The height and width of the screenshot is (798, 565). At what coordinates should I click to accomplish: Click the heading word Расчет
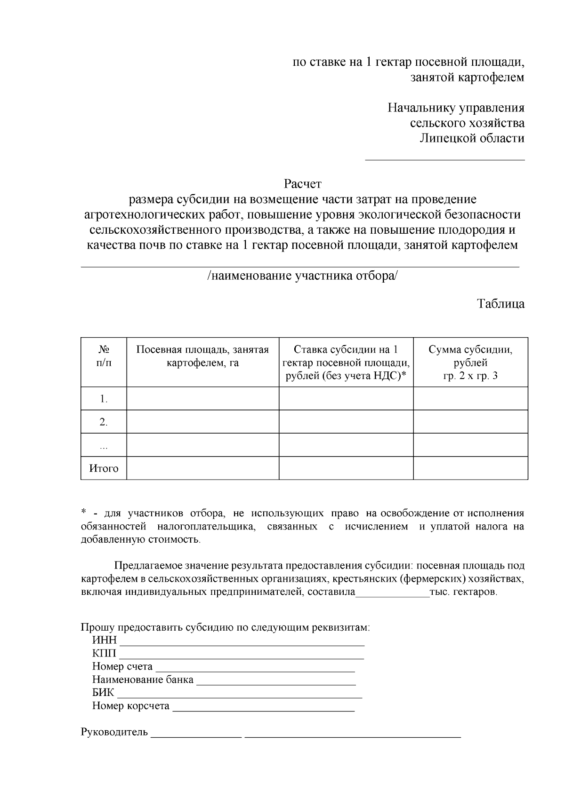pyautogui.click(x=302, y=183)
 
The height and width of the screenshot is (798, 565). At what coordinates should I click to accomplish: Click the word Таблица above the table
pyautogui.click(x=501, y=303)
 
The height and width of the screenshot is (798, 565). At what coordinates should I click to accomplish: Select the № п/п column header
pyautogui.click(x=104, y=356)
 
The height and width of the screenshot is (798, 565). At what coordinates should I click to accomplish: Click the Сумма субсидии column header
pyautogui.click(x=470, y=363)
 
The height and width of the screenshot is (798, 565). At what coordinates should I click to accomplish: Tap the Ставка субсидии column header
pyautogui.click(x=346, y=363)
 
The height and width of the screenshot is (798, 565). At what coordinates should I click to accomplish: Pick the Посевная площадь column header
pyautogui.click(x=202, y=356)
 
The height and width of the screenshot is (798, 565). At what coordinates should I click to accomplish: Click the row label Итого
pyautogui.click(x=104, y=468)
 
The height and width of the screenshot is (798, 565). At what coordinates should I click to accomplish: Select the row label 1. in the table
pyautogui.click(x=104, y=399)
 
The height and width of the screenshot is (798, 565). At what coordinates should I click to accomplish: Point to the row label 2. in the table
pyautogui.click(x=104, y=422)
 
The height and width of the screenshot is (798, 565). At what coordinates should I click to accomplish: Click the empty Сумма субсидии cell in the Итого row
pyautogui.click(x=470, y=468)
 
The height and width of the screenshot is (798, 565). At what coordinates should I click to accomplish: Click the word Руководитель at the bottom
pyautogui.click(x=114, y=732)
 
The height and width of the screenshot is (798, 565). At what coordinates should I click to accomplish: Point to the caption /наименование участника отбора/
pyautogui.click(x=302, y=276)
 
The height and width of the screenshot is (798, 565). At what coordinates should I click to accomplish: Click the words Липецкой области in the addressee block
pyautogui.click(x=472, y=138)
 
